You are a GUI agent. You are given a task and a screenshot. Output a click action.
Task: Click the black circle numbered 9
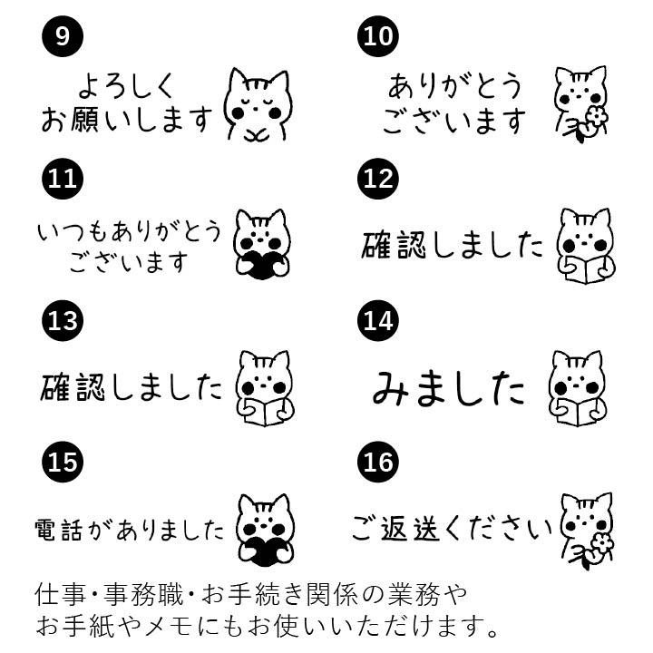point(62,35)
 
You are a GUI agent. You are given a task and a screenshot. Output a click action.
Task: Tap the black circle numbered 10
point(378,35)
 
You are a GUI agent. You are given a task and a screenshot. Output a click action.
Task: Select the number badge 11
point(62,178)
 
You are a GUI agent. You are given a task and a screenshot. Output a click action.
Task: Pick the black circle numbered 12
point(378,178)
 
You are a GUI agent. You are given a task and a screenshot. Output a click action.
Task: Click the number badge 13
point(62,320)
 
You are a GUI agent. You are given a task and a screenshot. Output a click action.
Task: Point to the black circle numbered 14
point(378,320)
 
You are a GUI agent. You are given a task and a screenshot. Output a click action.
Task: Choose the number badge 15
point(62,463)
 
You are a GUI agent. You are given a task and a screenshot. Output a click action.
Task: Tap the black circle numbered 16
point(378,463)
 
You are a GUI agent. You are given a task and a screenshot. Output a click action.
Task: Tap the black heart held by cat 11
point(261,264)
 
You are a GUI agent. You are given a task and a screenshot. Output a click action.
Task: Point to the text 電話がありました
point(128,529)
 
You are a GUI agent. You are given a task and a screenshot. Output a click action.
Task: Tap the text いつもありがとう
point(128,232)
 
